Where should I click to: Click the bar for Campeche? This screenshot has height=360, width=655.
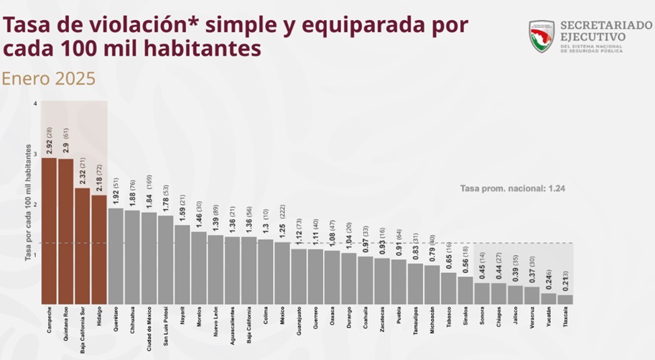pos(49,230)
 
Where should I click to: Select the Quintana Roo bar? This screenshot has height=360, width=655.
pos(65,231)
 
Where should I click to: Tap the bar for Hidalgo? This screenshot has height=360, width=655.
pos(99,249)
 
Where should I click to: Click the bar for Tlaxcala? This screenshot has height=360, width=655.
pos(565,299)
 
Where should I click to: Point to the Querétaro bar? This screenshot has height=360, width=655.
pos(116,255)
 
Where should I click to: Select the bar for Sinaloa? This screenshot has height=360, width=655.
pos(465,290)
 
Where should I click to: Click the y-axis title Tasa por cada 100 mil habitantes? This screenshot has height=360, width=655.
pos(28,208)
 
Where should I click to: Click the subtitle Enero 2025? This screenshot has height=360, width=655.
pos(49,78)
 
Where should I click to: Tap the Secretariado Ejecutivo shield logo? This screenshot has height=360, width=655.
pos(542,35)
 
